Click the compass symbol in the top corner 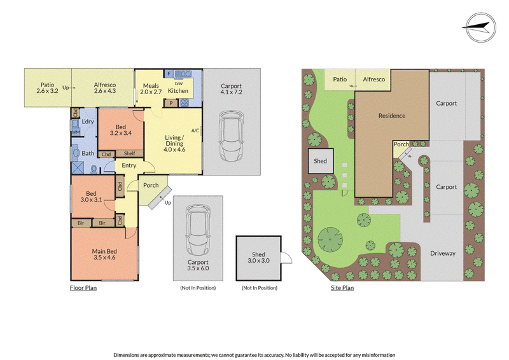click(x=480, y=27)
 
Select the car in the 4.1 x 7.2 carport click(x=232, y=135)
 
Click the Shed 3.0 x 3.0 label click(x=258, y=258)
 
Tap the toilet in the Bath click(x=94, y=169)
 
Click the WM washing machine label click(x=76, y=132)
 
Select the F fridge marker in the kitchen click(x=169, y=74)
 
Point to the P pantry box click(x=171, y=103)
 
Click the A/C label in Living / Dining click(x=195, y=130)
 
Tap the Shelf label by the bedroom click(x=129, y=153)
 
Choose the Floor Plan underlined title click(x=83, y=287)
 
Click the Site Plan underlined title click(x=342, y=287)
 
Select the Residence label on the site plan click(x=392, y=116)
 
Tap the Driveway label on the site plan click(x=443, y=253)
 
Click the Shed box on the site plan click(x=321, y=161)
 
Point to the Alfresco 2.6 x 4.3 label click(x=105, y=88)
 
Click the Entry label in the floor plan click(x=129, y=165)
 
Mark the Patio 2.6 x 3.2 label click(x=47, y=88)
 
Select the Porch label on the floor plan click(x=151, y=185)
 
